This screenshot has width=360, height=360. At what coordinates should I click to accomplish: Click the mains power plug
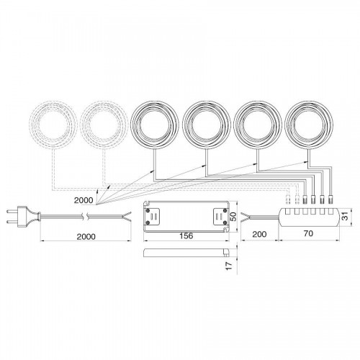23,217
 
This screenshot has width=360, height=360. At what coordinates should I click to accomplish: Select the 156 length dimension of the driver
186,235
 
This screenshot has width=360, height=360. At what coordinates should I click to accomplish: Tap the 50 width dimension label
233,217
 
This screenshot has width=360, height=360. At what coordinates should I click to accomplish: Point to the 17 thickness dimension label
230,266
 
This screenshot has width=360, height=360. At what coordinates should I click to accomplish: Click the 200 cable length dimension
259,234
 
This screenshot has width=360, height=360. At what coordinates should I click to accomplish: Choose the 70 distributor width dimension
308,233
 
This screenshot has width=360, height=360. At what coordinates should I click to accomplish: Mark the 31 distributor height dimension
345,217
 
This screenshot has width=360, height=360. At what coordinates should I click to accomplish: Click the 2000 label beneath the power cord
86,237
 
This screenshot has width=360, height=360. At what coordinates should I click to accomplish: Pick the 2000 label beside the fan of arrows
84,200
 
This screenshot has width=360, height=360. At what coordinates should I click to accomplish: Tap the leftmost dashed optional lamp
53,125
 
